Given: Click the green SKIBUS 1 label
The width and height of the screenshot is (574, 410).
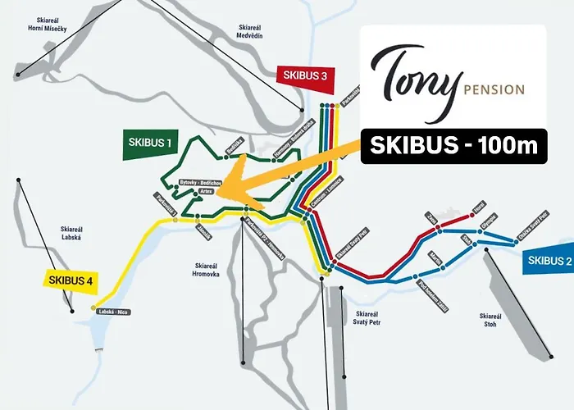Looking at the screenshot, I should point(150,143).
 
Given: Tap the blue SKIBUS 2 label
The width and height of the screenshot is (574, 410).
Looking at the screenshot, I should point(546,262).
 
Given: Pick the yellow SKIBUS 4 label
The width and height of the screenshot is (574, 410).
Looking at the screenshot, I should point(71,280).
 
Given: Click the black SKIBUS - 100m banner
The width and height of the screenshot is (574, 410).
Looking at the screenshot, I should point(453,145).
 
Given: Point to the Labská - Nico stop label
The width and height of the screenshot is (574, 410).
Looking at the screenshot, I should point(114,312).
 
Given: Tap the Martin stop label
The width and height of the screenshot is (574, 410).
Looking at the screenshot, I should point(436,260).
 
